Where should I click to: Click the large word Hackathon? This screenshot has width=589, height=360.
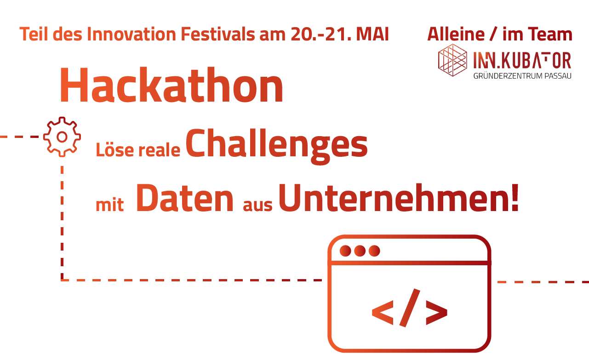(x=172, y=85)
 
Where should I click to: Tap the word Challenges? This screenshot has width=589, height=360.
(x=277, y=146)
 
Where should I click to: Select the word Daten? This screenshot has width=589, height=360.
(x=184, y=198)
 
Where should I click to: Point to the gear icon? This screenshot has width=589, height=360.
(x=62, y=137)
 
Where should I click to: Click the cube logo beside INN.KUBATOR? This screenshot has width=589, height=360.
(x=452, y=60)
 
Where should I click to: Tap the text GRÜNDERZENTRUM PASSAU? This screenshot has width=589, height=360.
(x=522, y=76)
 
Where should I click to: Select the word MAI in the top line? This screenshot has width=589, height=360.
(x=372, y=34)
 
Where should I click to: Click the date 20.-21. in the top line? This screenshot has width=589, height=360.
(x=321, y=34)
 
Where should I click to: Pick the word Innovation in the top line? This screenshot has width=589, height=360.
(x=131, y=34)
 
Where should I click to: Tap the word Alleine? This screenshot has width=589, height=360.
(x=456, y=34)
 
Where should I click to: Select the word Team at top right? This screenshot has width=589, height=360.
(x=550, y=34)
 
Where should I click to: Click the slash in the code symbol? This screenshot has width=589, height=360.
(x=410, y=308)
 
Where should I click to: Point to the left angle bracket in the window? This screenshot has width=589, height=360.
(x=383, y=313)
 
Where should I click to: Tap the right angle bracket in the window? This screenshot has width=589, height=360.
(x=436, y=313)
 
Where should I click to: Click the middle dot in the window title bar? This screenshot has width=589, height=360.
(x=360, y=251)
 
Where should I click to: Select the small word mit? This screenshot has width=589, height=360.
(x=109, y=205)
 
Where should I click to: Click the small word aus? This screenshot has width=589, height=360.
(x=257, y=206)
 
